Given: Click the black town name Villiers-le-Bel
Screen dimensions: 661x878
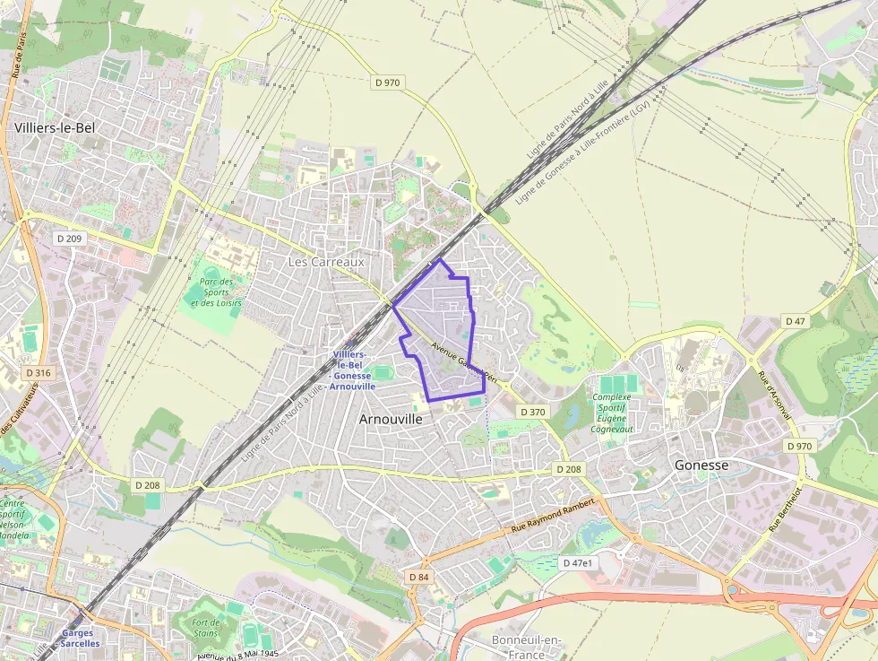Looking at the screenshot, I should [55, 128].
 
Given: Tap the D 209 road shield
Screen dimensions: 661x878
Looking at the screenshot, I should [69, 239].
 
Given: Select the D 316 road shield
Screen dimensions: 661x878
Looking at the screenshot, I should [39, 372].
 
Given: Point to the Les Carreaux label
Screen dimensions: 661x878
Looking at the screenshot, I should [326, 262].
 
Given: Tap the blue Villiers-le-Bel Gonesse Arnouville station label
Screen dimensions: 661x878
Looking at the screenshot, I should [353, 370].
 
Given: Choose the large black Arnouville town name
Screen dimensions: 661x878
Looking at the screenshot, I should [390, 418].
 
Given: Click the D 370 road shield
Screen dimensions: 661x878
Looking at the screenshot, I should [532, 412].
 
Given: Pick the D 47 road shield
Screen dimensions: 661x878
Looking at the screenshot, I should [796, 320].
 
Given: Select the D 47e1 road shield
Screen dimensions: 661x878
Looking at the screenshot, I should [578, 563].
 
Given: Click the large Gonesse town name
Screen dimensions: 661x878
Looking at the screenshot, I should [701, 465].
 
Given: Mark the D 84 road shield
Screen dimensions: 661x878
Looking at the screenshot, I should [418, 577].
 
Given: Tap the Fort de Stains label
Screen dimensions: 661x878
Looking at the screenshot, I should [205, 628].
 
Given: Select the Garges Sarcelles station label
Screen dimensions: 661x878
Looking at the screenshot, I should [78, 639].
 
